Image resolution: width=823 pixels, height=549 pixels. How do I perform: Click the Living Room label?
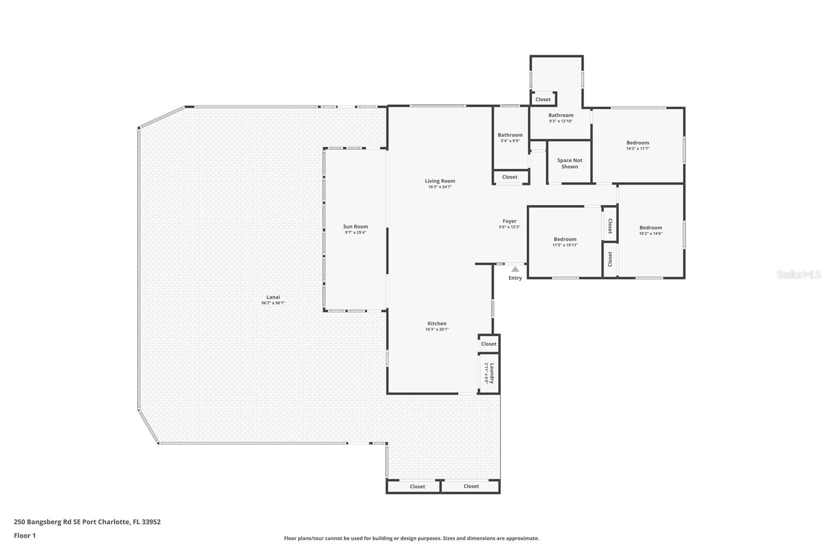point(440,181)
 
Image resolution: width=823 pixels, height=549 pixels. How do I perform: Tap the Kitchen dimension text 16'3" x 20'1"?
point(437,329)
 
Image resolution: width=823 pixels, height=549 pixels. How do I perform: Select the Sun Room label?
point(355,227)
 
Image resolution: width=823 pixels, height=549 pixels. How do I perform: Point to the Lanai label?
point(273,297)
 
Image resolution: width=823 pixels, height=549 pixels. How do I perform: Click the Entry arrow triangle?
point(515,269)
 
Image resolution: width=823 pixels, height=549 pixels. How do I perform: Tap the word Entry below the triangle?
point(515,278)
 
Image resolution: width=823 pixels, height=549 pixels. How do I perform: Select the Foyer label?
point(509,221)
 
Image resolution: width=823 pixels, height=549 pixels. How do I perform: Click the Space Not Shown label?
point(569,163)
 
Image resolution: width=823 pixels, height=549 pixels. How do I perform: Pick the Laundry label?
point(492,373)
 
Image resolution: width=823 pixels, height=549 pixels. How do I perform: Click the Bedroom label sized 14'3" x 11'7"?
point(637,143)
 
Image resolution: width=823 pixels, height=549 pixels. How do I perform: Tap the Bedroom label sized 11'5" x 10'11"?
point(565,239)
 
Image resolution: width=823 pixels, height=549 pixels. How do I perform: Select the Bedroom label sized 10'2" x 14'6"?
point(651,228)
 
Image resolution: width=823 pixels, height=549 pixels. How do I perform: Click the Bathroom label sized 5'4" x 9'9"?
point(510,135)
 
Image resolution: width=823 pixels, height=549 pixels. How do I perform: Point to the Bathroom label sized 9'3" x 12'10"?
point(561,115)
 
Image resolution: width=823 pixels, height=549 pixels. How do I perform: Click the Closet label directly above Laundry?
point(489,344)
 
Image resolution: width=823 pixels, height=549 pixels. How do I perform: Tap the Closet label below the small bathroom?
point(510,177)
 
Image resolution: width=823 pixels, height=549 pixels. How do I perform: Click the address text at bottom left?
point(87,522)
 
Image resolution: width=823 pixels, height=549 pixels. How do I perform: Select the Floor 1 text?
point(25,536)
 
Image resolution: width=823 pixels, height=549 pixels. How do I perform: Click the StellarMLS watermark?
point(798,274)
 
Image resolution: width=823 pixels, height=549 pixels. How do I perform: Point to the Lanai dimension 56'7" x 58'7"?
point(273,303)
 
